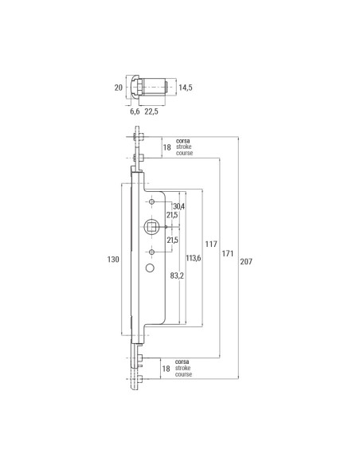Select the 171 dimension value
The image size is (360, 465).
(x=227, y=254)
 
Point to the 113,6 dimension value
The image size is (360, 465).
(x=192, y=259)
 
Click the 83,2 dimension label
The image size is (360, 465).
(x=178, y=275)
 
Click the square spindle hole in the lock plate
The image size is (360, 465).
(x=151, y=229)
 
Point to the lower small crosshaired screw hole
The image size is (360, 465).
(x=151, y=252)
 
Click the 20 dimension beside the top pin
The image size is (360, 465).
(x=118, y=88)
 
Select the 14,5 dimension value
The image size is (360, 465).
(x=186, y=87)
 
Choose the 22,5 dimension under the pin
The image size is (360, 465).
(x=152, y=111)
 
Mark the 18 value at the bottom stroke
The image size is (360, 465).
(x=166, y=369)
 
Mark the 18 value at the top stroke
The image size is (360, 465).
(x=166, y=147)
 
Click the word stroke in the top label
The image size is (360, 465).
(x=185, y=146)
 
